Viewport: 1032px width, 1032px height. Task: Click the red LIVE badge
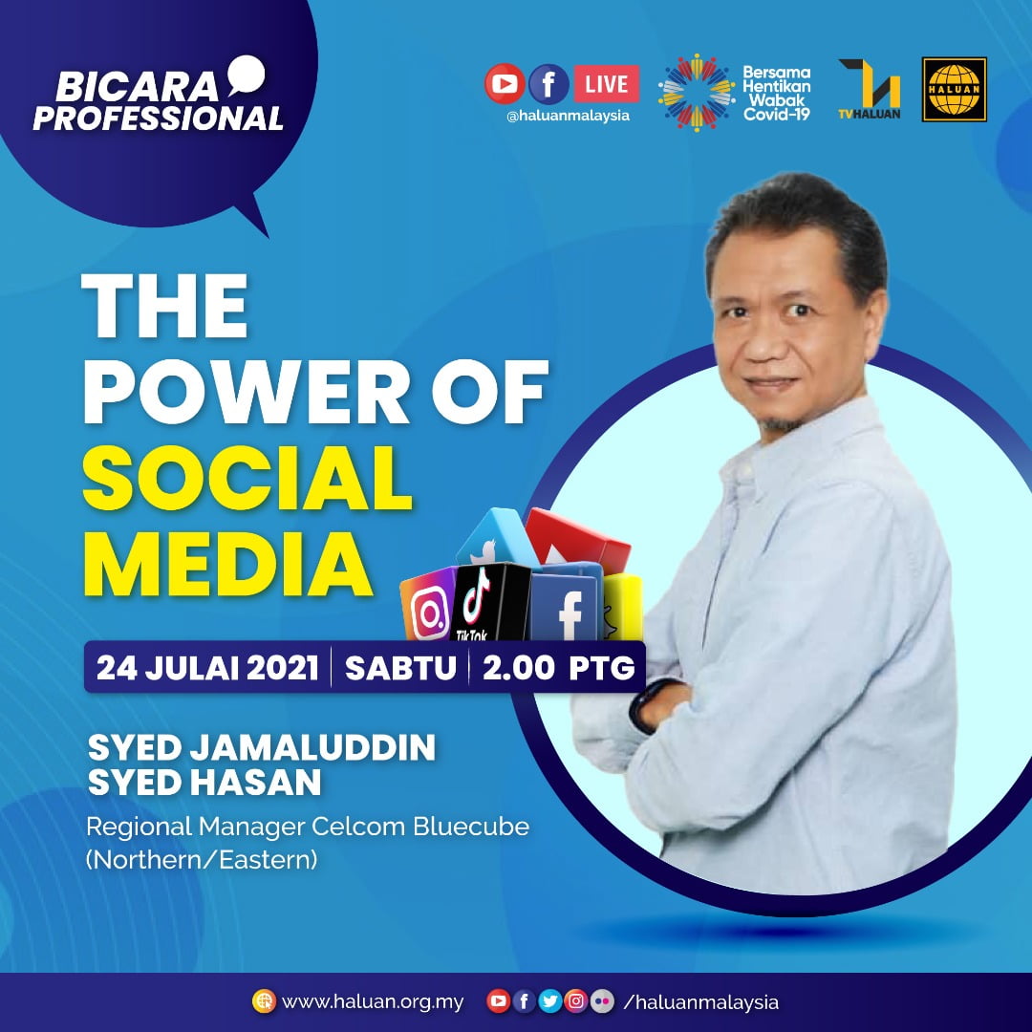[x=606, y=83]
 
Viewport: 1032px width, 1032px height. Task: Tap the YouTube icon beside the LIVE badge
[x=505, y=83]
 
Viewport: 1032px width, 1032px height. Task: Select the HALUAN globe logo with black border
[x=955, y=90]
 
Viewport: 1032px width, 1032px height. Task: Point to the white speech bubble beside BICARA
[x=247, y=75]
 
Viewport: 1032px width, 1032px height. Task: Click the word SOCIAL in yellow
[x=247, y=479]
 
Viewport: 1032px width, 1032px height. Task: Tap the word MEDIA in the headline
[x=227, y=565]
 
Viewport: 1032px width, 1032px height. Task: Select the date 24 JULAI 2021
[x=207, y=668]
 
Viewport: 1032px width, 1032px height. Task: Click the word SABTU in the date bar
[x=400, y=668]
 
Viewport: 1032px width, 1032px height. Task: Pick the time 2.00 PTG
[x=559, y=668]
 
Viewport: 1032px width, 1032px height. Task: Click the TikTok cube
[x=490, y=602]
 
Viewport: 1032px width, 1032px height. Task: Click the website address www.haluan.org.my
[x=373, y=1001]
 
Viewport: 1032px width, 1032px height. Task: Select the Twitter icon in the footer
[x=549, y=1001]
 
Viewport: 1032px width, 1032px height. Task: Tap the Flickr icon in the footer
[x=602, y=1001]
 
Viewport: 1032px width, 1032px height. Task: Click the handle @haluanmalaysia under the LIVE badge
[x=568, y=116]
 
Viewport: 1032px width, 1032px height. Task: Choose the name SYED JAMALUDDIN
[x=261, y=747]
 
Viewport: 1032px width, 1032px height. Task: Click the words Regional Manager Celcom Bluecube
[x=308, y=827]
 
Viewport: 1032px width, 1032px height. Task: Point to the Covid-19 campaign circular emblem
[x=697, y=92]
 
